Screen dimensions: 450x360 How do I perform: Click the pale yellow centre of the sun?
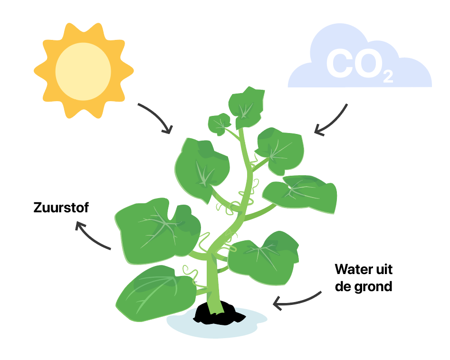pyautogui.click(x=83, y=71)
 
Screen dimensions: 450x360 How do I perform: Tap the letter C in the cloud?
pyautogui.click(x=339, y=63)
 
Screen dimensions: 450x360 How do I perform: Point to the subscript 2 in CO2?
pyautogui.click(x=388, y=76)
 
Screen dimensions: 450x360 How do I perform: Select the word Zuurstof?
pyautogui.click(x=61, y=208)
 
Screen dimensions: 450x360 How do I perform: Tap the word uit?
pyautogui.click(x=383, y=269)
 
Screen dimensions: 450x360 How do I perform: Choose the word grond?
pyautogui.click(x=373, y=287)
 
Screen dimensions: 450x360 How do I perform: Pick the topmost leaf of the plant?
pyautogui.click(x=247, y=107)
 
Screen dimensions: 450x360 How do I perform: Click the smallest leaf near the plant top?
pyautogui.click(x=219, y=124)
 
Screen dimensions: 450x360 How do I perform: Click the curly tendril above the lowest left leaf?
pyautogui.click(x=190, y=271)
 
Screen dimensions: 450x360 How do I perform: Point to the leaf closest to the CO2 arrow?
pyautogui.click(x=280, y=151)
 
